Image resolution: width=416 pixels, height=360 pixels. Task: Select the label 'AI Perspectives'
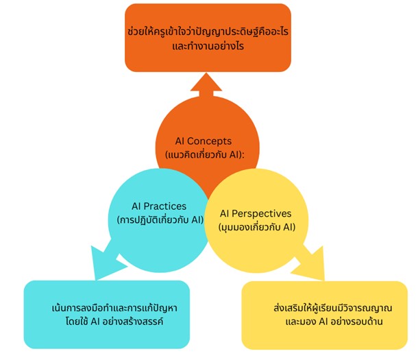pos(256,213)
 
